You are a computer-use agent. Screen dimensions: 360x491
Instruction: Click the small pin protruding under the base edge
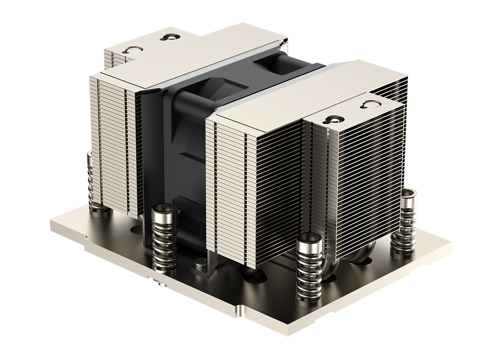(158, 281)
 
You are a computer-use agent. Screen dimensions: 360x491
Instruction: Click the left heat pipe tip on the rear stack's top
(132, 51)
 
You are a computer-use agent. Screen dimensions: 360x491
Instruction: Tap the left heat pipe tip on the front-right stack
(330, 120)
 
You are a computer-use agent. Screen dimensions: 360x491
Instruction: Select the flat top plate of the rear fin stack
(196, 53)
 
